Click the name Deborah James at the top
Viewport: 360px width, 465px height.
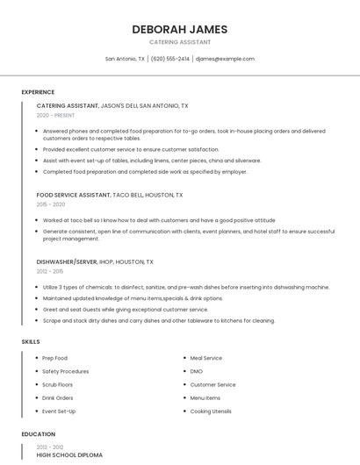[179, 29]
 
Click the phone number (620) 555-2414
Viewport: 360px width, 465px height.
[170, 59]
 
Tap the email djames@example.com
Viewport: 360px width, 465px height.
[225, 59]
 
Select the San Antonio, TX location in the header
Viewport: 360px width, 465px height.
[125, 59]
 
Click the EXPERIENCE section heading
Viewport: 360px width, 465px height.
[38, 92]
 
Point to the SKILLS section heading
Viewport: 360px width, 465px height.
[31, 341]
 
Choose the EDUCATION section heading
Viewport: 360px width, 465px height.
[38, 434]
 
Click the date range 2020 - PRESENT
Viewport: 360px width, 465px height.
[55, 115]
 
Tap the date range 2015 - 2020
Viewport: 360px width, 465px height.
[51, 204]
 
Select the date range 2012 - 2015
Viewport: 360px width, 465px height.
[50, 271]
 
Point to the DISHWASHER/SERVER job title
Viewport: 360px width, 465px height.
[66, 261]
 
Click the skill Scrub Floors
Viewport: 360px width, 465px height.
[58, 384]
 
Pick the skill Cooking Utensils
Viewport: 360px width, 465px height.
[211, 411]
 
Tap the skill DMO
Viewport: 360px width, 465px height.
[197, 371]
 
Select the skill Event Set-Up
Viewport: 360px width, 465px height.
[60, 411]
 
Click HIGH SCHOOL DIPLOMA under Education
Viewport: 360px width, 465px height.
[69, 455]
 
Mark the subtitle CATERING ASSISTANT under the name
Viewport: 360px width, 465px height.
[179, 42]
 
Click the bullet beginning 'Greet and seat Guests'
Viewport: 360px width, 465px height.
[126, 310]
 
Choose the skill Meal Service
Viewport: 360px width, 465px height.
[206, 358]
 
